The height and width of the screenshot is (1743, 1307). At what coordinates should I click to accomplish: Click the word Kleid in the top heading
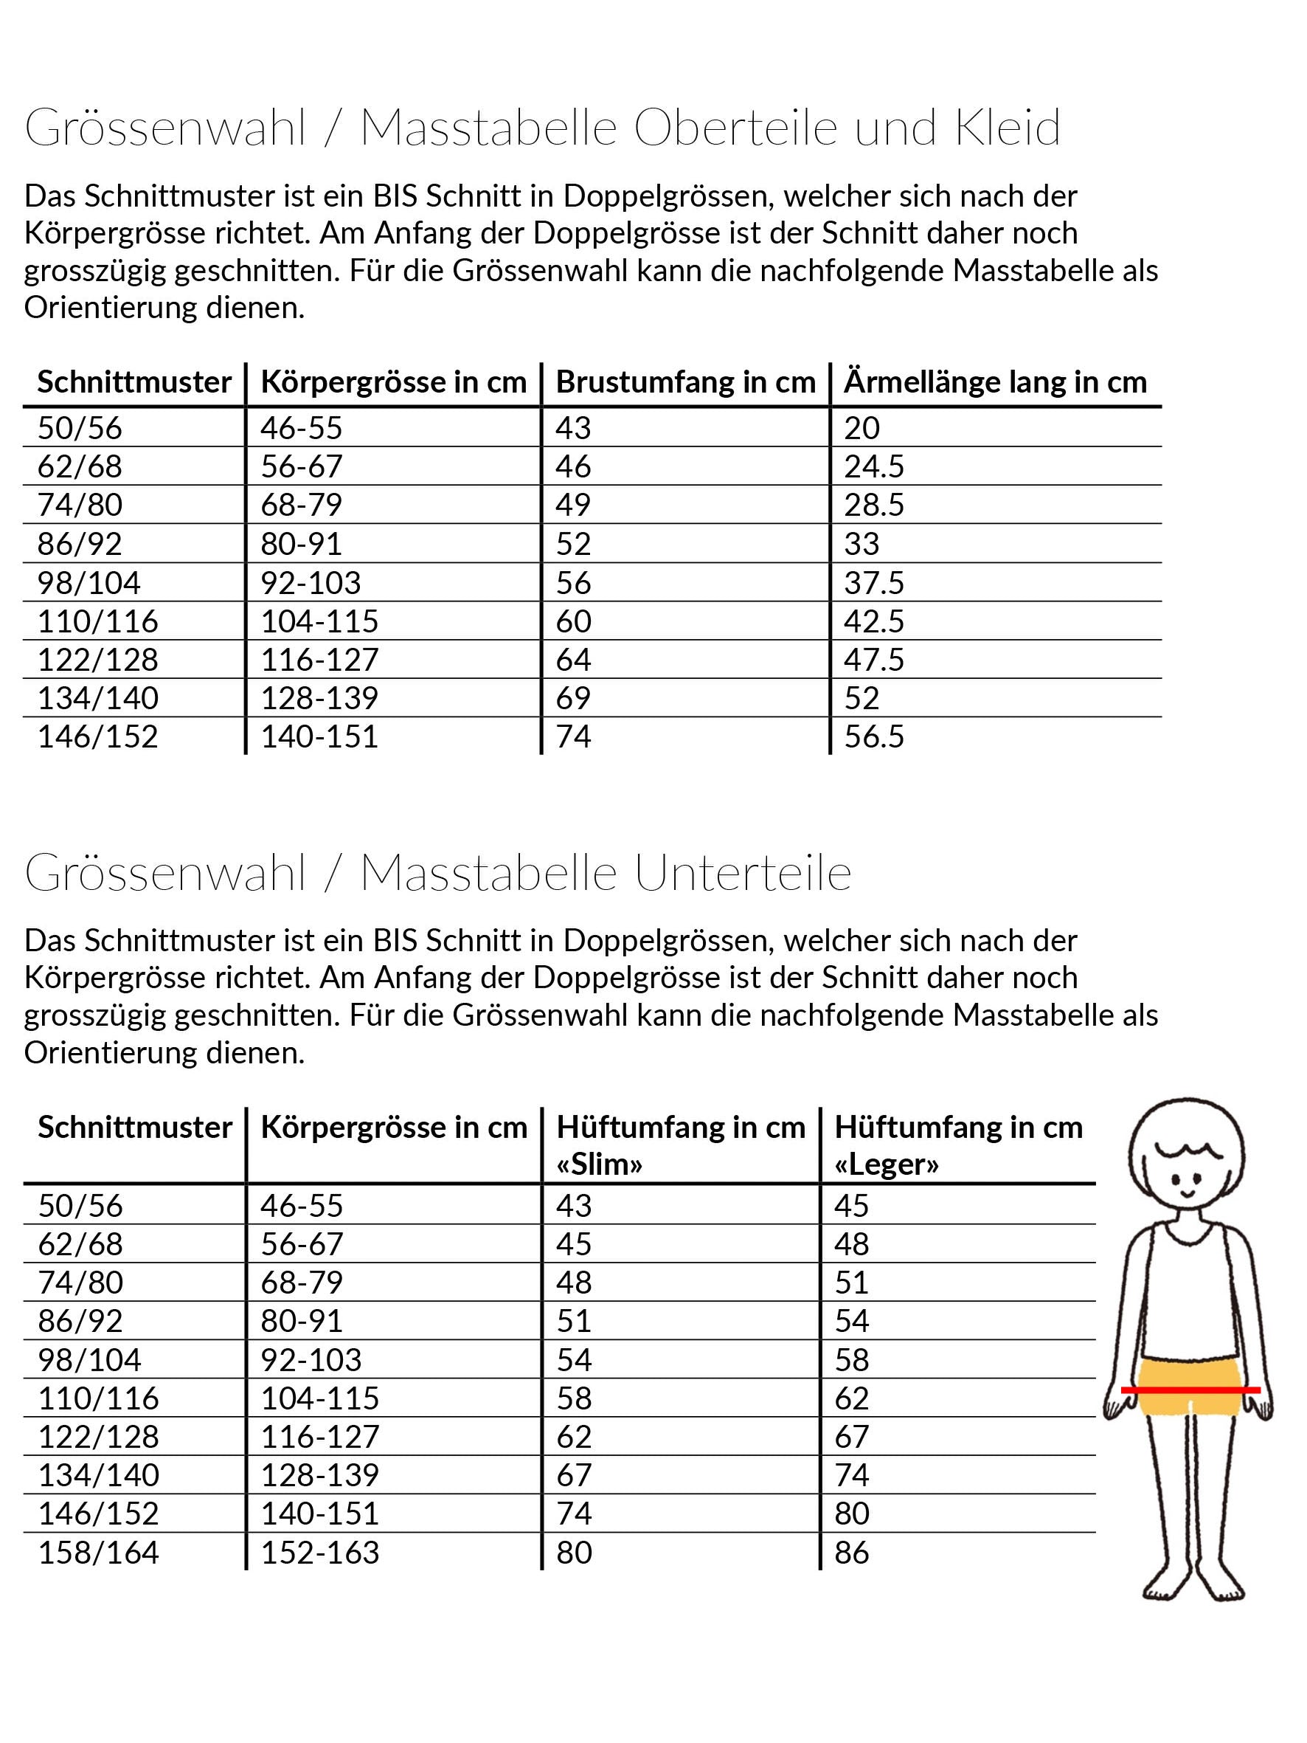[1008, 128]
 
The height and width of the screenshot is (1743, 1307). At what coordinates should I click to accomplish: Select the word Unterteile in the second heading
[743, 872]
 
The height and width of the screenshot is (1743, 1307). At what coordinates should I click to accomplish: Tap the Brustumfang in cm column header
[685, 382]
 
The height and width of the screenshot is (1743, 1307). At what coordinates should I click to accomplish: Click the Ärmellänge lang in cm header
[995, 382]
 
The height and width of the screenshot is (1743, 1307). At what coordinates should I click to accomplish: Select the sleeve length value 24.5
[874, 466]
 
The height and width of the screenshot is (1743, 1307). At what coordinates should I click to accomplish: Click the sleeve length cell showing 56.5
[874, 736]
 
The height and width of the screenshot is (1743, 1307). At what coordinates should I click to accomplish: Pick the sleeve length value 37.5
[874, 583]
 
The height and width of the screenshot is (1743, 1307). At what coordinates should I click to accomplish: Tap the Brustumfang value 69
[573, 698]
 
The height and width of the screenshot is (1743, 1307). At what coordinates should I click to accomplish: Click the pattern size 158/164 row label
[99, 1553]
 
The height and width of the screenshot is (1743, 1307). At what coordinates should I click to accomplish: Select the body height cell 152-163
[320, 1553]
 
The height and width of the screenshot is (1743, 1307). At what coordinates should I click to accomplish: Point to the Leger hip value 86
[852, 1553]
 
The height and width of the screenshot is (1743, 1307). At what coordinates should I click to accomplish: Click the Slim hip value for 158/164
[574, 1553]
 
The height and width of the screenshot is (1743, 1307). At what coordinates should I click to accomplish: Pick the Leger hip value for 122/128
[852, 1437]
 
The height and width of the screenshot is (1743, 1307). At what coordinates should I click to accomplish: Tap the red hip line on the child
[1190, 1390]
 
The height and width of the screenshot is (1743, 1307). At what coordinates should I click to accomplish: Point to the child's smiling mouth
[1187, 1195]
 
